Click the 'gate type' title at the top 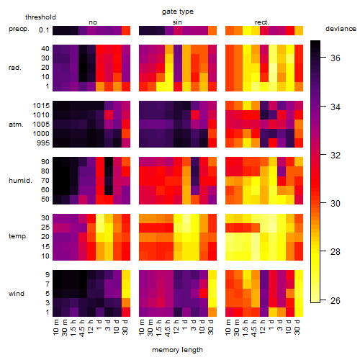(x=178, y=12)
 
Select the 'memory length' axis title (x=177, y=350)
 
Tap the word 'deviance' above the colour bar (x=341, y=29)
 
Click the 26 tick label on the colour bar (x=336, y=300)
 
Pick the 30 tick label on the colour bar (x=336, y=204)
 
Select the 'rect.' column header (x=262, y=22)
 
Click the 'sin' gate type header (x=177, y=22)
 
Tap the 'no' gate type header (x=93, y=22)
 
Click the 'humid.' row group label (x=20, y=181)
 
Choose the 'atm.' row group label (x=16, y=125)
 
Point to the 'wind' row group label (x=17, y=294)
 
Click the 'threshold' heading (x=40, y=17)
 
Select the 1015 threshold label (x=41, y=106)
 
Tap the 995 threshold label (x=43, y=143)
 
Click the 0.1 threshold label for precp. (x=44, y=30)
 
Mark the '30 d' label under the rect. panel (x=297, y=327)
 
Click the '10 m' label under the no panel (x=55, y=327)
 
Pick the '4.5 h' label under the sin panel (x=168, y=328)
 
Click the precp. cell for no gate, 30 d (x=126, y=30)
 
